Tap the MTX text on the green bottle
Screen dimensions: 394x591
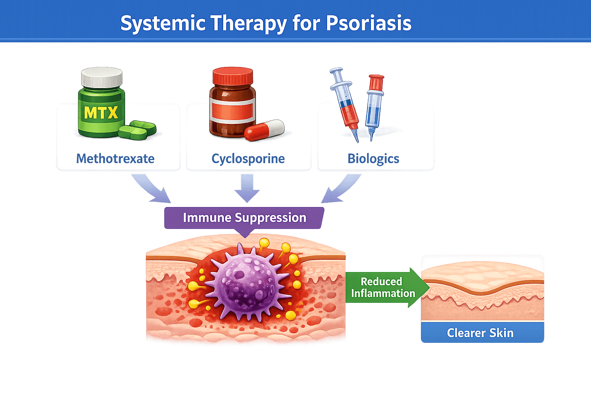(x=101, y=113)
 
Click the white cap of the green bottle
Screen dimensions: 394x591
(x=102, y=77)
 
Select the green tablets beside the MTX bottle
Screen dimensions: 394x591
(x=137, y=130)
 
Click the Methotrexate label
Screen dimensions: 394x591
(x=115, y=159)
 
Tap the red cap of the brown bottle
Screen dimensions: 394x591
(x=233, y=76)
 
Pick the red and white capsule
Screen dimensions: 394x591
(x=264, y=130)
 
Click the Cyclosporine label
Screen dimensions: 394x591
(x=248, y=159)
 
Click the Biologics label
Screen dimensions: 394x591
(x=374, y=159)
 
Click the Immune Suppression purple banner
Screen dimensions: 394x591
(x=244, y=218)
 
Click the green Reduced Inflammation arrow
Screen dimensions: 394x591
(x=385, y=287)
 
